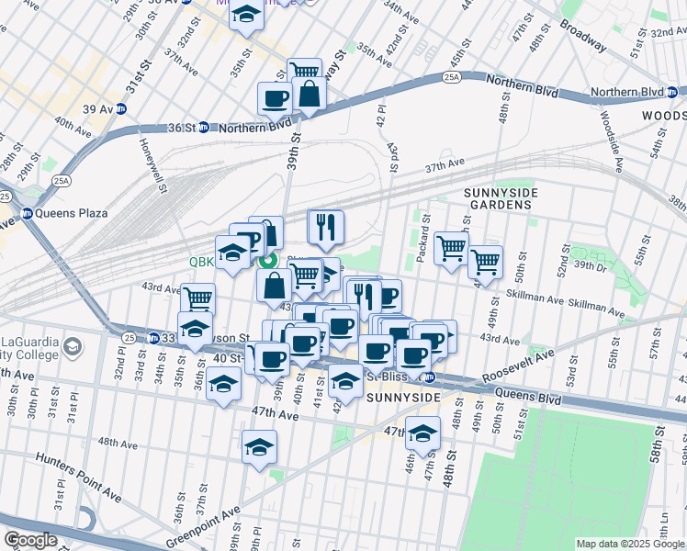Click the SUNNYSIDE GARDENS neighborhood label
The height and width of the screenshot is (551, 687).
click(x=498, y=197)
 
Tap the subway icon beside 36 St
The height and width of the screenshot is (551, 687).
click(x=203, y=127)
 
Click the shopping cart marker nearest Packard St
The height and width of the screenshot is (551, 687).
click(x=451, y=247)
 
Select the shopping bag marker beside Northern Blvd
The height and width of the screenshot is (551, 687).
click(x=310, y=94)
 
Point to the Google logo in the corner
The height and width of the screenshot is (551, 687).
click(x=30, y=540)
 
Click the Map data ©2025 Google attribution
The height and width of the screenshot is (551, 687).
click(x=629, y=544)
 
